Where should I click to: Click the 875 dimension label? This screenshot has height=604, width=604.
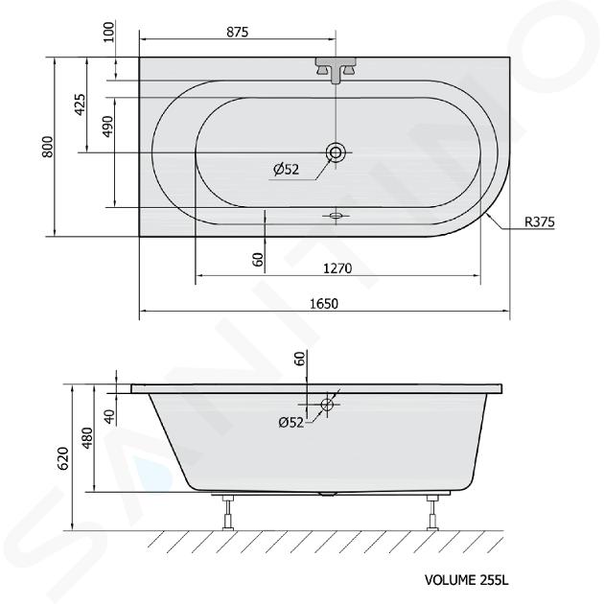(x=238, y=32)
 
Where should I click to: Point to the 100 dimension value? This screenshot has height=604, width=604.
(x=109, y=33)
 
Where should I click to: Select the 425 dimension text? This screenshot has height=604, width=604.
(x=81, y=105)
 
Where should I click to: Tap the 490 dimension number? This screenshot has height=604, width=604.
(x=108, y=126)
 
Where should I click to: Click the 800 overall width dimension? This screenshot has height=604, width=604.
(x=48, y=147)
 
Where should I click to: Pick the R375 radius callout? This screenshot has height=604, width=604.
(x=539, y=221)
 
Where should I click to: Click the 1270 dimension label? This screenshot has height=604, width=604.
(x=337, y=268)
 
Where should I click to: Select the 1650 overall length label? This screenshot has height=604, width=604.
(x=324, y=304)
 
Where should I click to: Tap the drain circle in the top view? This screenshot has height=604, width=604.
(x=336, y=152)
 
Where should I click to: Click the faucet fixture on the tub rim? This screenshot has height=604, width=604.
(x=336, y=70)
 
